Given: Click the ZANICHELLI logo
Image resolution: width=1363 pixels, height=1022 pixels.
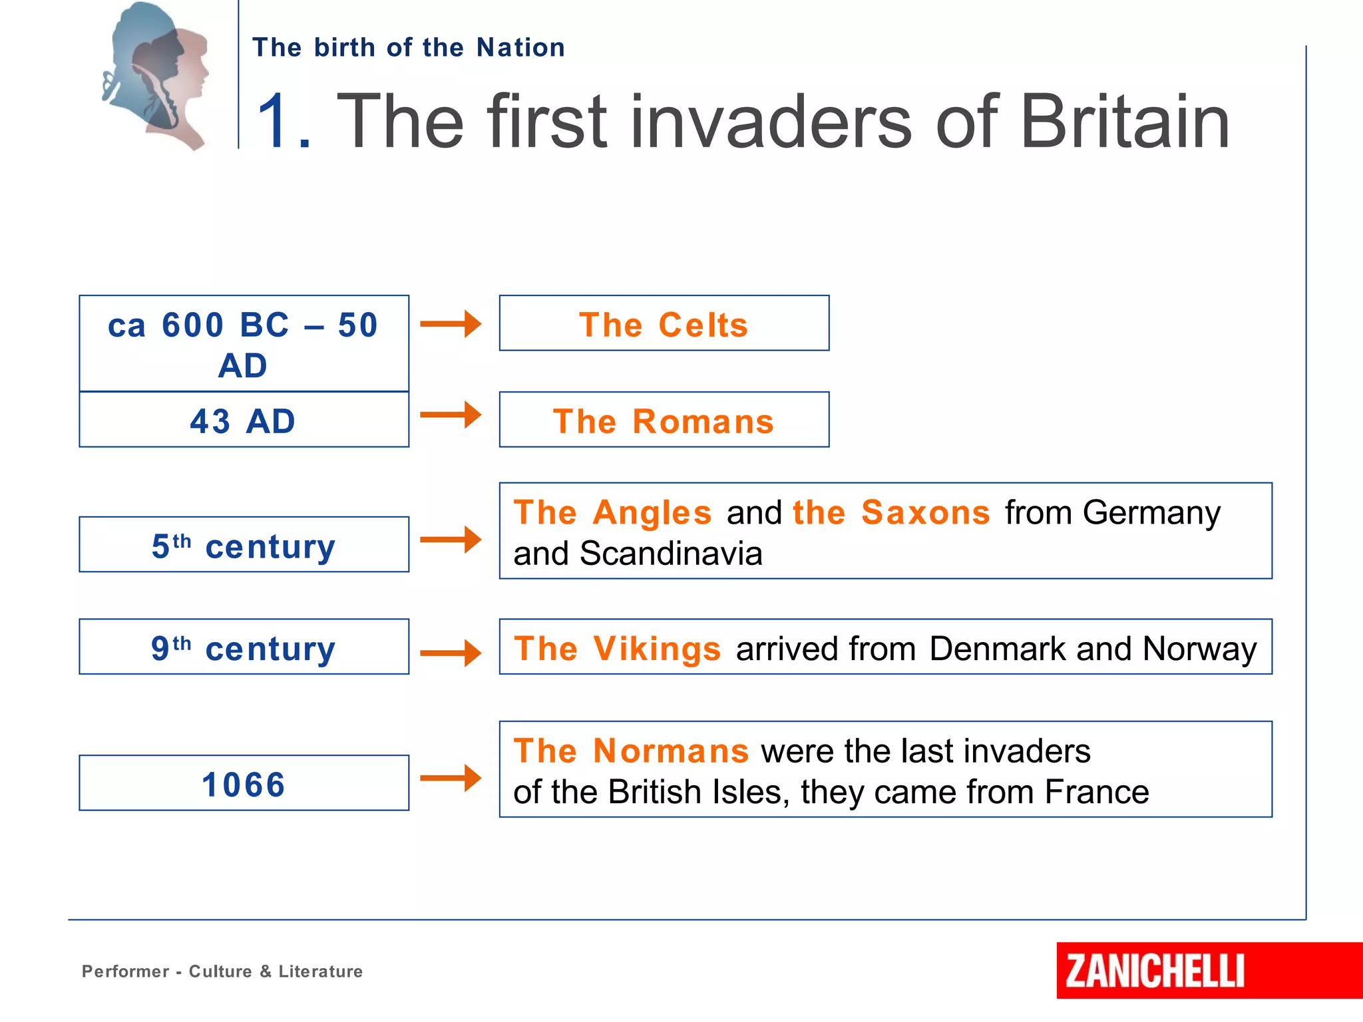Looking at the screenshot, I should [1155, 970].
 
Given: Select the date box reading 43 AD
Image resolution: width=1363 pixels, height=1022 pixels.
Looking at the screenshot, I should [244, 420].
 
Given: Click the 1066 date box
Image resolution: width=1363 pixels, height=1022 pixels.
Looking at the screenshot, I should [244, 783].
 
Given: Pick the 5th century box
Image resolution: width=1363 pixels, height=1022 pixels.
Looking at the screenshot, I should [244, 545].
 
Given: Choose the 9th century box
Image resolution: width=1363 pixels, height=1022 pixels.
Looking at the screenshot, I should [244, 647].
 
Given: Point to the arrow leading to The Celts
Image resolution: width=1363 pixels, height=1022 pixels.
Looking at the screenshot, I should [451, 324].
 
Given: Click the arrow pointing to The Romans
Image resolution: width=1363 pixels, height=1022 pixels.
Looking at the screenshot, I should [451, 415].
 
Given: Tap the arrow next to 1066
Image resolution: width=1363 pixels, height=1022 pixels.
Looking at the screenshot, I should [451, 777].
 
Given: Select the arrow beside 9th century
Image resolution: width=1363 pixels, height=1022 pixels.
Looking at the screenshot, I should [451, 653].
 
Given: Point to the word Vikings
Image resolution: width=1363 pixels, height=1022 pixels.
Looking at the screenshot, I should [657, 649].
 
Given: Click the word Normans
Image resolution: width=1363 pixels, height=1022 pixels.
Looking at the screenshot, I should [671, 751].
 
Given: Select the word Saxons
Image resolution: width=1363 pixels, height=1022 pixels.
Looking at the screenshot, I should [925, 513].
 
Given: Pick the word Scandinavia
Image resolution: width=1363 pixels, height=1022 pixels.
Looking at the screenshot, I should [671, 554].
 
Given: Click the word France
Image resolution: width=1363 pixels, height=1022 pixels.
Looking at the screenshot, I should [1096, 792].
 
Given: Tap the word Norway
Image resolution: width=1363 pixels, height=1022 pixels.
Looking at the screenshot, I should [1199, 649].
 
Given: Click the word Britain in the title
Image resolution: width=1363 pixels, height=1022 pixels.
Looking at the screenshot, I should [1124, 122].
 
